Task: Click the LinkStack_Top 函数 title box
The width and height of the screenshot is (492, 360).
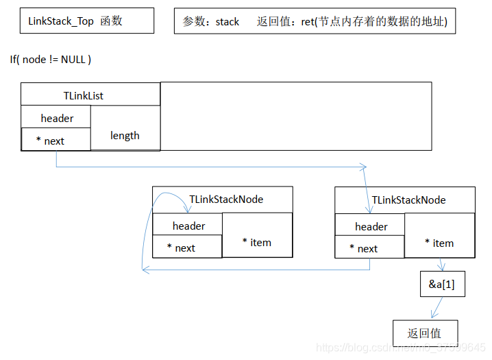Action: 86,21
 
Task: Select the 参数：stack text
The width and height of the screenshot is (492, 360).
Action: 211,22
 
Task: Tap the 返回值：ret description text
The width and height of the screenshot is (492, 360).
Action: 352,22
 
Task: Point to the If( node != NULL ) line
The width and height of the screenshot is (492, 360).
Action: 51,60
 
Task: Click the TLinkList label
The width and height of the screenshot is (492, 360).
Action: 83,96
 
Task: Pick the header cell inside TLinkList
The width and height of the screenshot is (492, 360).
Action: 57,118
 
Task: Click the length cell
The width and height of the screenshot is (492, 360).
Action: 125,136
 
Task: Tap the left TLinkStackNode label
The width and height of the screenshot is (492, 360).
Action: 226,200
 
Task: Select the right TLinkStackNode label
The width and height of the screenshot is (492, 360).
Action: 408,200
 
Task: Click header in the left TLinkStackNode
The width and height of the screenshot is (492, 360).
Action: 188,226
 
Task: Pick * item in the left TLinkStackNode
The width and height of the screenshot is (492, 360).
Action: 257,242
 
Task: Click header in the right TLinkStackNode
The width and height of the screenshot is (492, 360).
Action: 371,226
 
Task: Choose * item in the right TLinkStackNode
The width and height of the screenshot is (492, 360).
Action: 439,243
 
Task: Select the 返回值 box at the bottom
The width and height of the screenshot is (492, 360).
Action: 425,333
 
